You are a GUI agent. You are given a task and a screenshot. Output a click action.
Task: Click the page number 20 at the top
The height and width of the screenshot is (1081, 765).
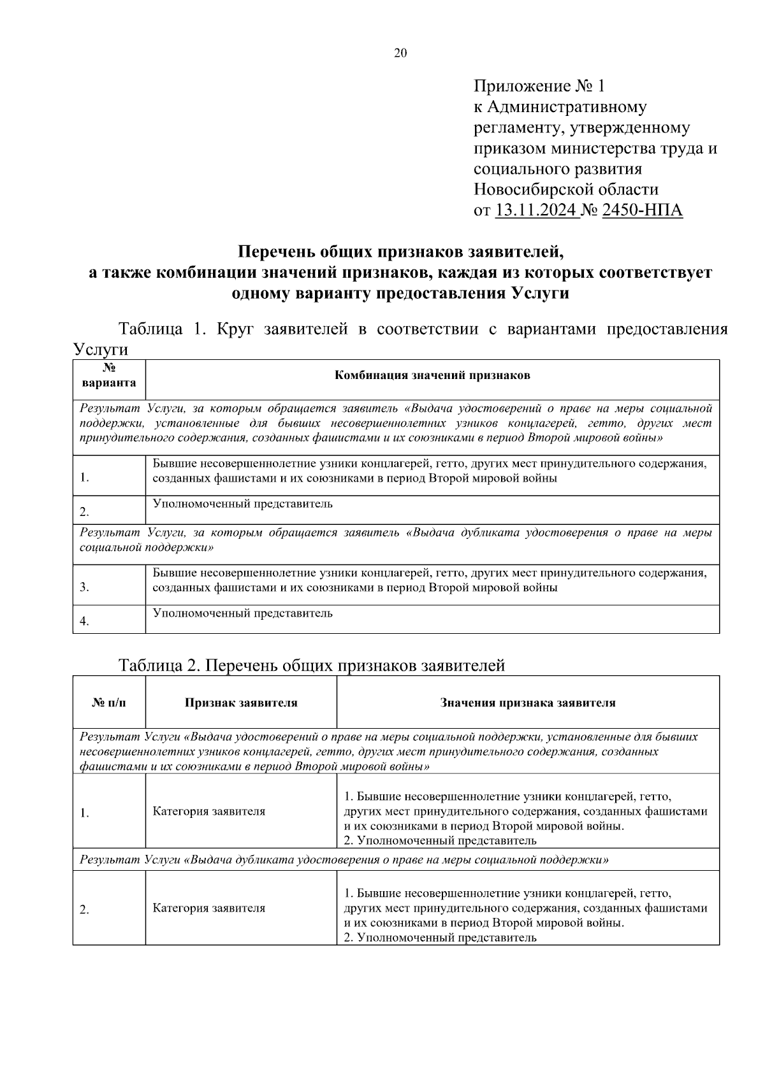[x=400, y=54]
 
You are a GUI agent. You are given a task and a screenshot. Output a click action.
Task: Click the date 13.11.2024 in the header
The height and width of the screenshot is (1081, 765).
[x=536, y=210]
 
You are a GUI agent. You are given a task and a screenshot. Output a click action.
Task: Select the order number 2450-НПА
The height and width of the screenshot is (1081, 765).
[x=642, y=210]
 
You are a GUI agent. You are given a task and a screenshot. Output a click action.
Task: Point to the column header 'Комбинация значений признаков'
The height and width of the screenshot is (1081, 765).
[x=432, y=376]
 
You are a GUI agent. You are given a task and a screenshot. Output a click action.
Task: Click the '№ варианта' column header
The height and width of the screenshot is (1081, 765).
[x=109, y=376]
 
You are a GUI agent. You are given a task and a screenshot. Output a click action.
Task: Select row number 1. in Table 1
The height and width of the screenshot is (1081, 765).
[x=85, y=478]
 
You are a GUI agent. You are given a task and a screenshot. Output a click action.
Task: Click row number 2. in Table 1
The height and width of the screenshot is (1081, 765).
[x=85, y=512]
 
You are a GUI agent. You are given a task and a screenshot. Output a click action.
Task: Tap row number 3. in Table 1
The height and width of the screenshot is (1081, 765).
[x=85, y=588]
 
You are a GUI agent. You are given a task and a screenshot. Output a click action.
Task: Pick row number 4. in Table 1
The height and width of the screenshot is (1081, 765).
[x=85, y=621]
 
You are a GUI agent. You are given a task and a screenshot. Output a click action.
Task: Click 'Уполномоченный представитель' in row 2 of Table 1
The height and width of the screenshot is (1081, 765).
[x=242, y=504]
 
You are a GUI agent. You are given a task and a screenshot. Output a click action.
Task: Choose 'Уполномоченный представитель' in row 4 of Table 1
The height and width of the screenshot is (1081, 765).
[x=242, y=613]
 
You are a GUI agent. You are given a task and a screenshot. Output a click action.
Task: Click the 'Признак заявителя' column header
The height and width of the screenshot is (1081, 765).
[x=241, y=703]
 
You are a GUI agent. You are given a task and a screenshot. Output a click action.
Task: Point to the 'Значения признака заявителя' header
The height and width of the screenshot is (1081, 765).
[x=528, y=703]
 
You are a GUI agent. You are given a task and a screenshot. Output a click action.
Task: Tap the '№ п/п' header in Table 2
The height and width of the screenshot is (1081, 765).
[x=109, y=703]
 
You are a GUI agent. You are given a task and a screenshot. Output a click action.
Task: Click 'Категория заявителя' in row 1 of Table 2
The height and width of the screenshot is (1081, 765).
[x=209, y=812]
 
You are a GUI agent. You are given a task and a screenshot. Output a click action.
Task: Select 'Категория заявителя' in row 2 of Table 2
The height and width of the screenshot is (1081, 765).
[x=209, y=908]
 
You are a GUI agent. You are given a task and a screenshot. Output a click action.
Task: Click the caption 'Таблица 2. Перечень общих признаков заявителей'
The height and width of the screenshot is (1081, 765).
[x=312, y=666]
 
